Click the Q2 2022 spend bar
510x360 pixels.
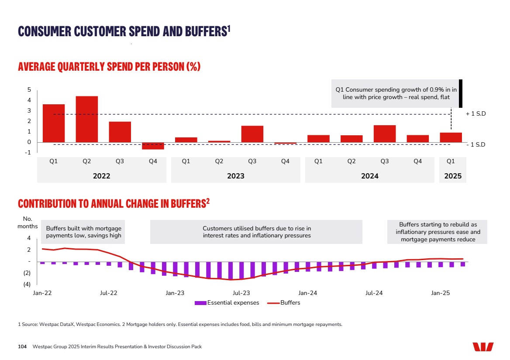click(x=86, y=119)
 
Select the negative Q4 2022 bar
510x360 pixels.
click(x=153, y=146)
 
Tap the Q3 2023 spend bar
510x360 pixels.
click(x=252, y=134)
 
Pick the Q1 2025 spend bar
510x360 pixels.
click(x=451, y=137)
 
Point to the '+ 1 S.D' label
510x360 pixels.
click(x=476, y=114)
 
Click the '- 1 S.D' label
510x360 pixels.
click(x=476, y=144)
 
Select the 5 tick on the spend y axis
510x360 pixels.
click(x=29, y=90)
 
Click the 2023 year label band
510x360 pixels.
click(x=235, y=176)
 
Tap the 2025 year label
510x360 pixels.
click(x=452, y=176)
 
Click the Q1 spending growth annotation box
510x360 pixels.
click(x=396, y=93)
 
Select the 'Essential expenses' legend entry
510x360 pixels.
click(x=227, y=303)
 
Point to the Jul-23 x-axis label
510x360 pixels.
click(x=241, y=293)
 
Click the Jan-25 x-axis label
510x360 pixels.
click(x=440, y=293)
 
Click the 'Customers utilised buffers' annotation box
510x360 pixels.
click(x=256, y=232)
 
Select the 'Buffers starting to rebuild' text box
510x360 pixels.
click(x=438, y=232)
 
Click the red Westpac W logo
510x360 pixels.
click(x=483, y=347)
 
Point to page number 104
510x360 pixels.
click(x=22, y=347)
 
